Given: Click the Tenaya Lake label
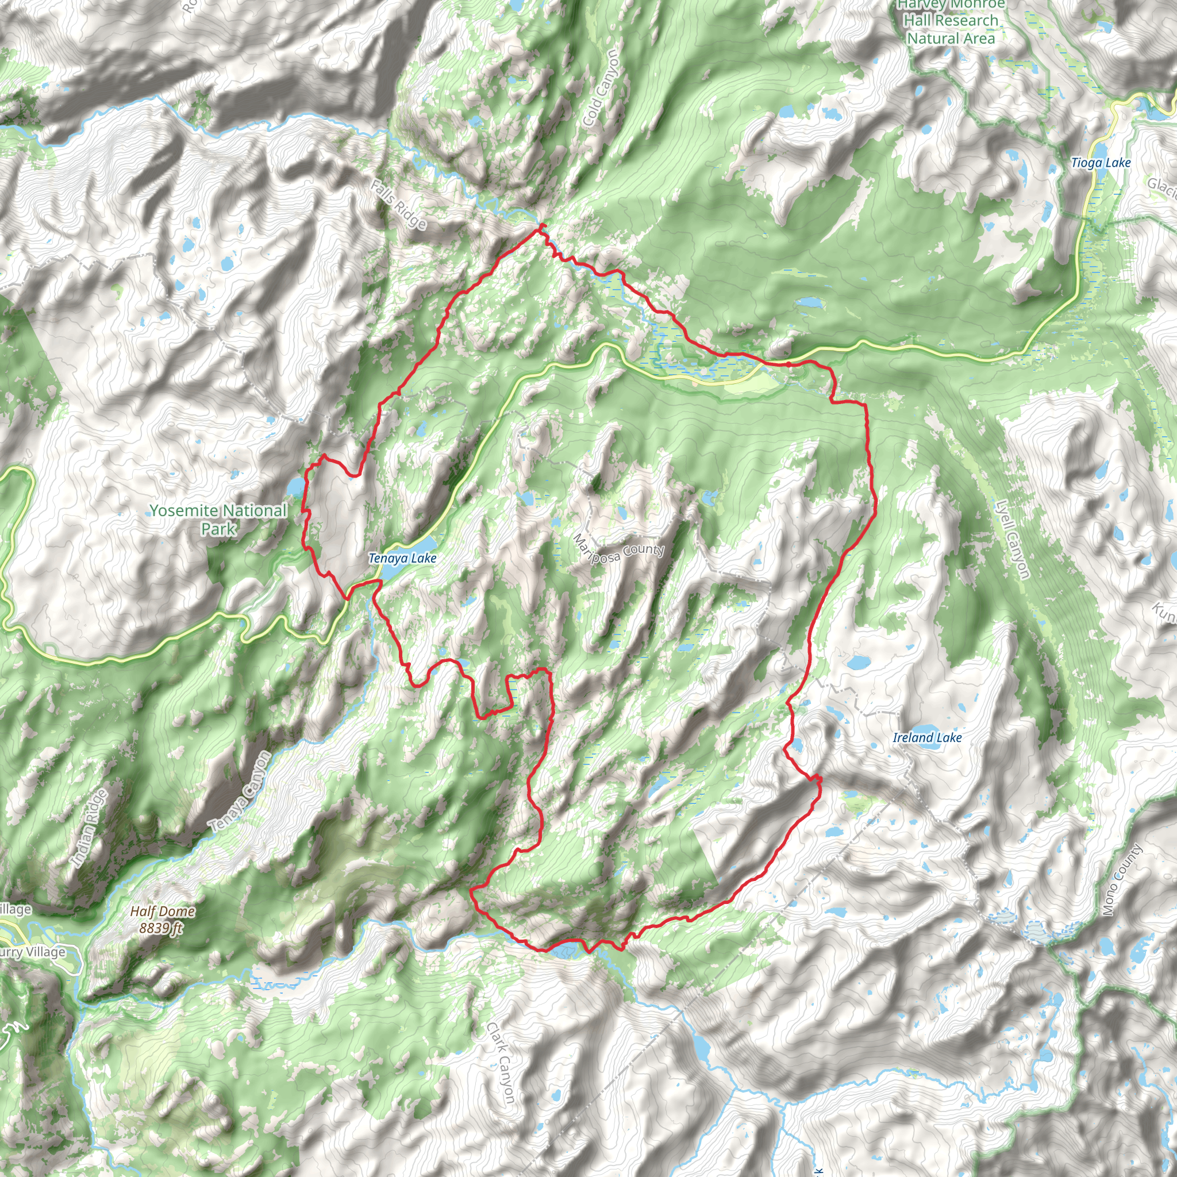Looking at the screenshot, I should coord(402,558).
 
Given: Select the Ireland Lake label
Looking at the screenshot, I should coord(926,737).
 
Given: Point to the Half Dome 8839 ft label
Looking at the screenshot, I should coord(162,920).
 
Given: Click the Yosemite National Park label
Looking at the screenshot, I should coord(218,519).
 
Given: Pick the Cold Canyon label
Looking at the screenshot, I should coord(601,89).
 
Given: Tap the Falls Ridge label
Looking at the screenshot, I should coord(398,205).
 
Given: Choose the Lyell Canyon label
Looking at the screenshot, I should coord(1013,539).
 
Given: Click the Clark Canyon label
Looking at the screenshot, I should coord(501,1063).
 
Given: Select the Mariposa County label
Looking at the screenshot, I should coord(618,549).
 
